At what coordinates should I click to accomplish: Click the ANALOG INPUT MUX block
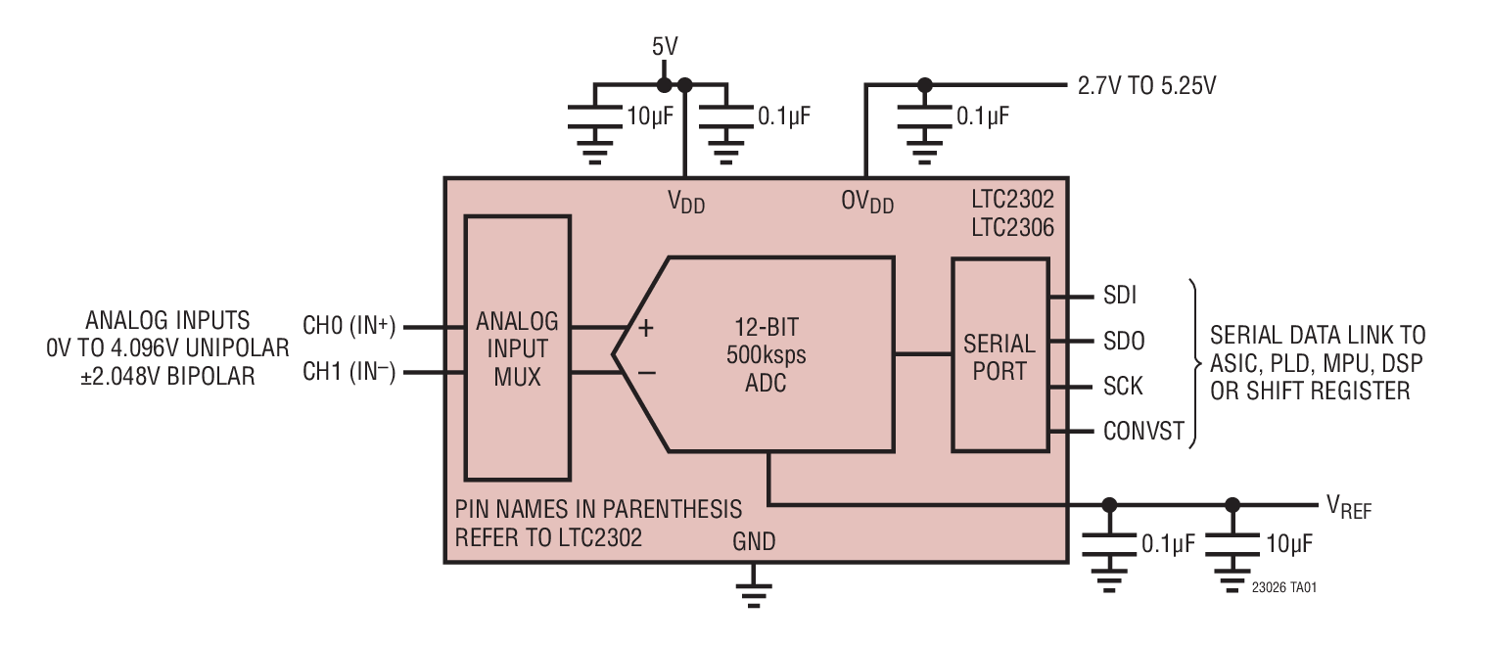[517, 347]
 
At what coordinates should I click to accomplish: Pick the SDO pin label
[1123, 341]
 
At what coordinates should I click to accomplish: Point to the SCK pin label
[1122, 386]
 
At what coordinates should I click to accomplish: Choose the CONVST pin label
[1143, 431]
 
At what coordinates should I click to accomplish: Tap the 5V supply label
[665, 46]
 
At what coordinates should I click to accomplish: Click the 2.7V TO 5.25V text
[1147, 86]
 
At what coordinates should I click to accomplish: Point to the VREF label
[1348, 505]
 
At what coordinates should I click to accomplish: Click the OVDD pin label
[866, 202]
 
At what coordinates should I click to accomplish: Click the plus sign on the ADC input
[645, 329]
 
